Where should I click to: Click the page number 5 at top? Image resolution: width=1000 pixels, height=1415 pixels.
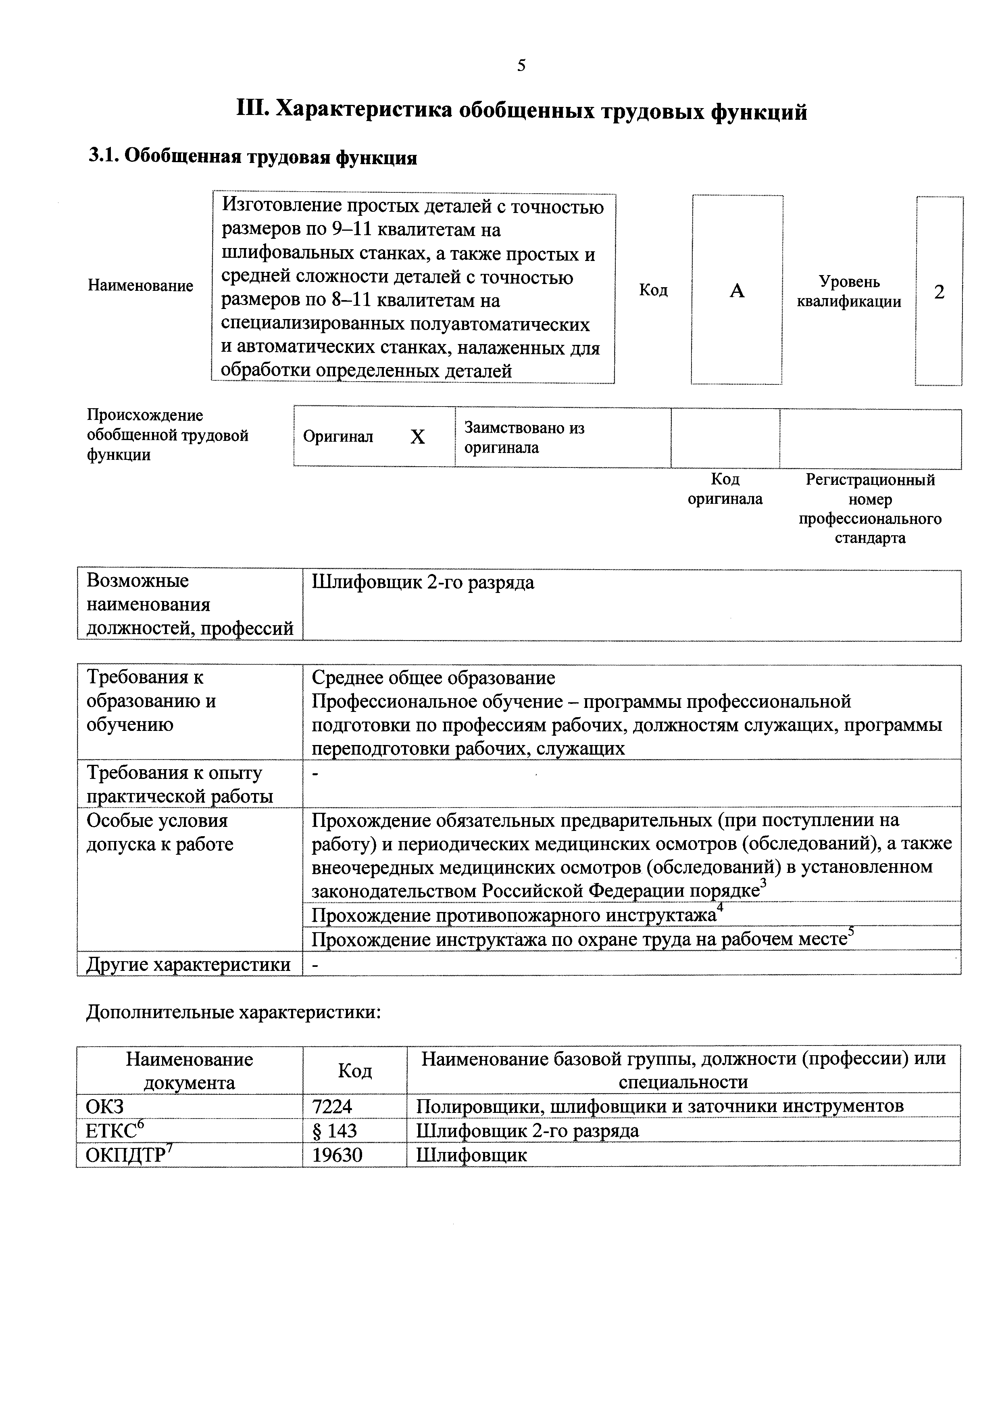[521, 66]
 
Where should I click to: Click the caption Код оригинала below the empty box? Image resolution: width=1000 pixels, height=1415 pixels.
[725, 489]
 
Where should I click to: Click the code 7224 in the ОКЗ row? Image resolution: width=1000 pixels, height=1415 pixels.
[332, 1106]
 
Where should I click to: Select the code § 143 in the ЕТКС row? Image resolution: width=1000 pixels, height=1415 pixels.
[335, 1130]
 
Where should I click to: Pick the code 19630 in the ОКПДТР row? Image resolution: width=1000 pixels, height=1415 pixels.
[337, 1155]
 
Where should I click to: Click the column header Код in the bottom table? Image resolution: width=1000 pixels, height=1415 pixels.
[354, 1071]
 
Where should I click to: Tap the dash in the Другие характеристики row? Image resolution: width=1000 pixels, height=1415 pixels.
[315, 965]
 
